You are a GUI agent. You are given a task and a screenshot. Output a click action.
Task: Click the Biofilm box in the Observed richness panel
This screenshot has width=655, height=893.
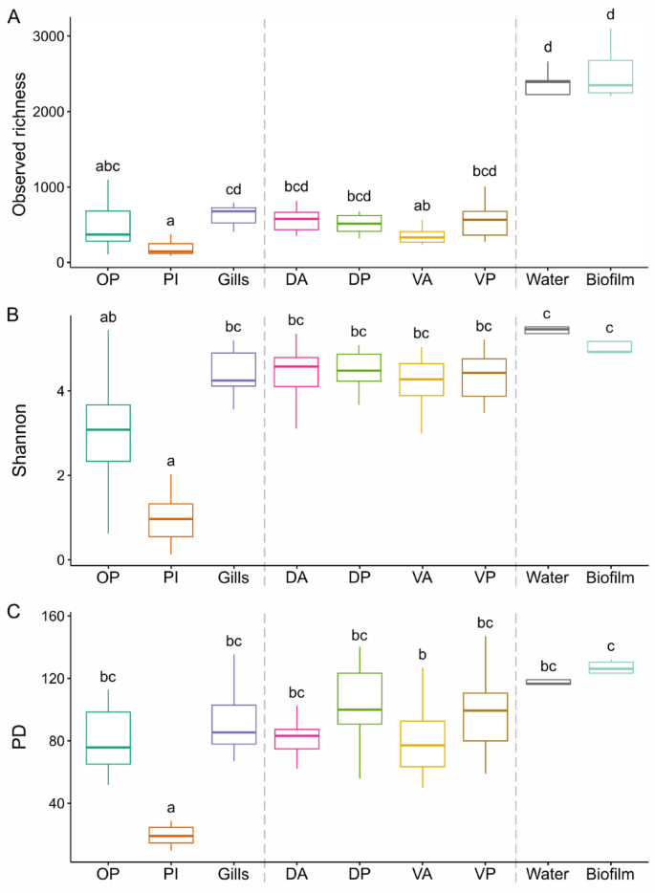pyautogui.click(x=610, y=76)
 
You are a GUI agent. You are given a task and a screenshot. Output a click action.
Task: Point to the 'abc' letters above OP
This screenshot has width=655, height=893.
pyautogui.click(x=107, y=166)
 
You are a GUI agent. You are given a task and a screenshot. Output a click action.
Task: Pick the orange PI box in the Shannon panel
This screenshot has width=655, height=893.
pyautogui.click(x=170, y=519)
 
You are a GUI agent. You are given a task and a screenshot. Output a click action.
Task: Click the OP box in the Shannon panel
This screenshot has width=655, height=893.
pyautogui.click(x=107, y=433)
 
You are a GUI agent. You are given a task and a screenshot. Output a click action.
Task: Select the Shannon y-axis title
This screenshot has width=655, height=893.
pyautogui.click(x=18, y=445)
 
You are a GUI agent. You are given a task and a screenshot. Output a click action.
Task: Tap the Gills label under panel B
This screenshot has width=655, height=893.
pyautogui.click(x=232, y=577)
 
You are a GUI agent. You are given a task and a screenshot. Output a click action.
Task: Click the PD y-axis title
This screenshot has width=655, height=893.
pyautogui.click(x=18, y=740)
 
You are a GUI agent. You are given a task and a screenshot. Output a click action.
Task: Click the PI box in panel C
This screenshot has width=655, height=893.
pyautogui.click(x=170, y=835)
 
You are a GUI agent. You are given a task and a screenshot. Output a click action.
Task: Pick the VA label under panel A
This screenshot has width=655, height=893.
pyautogui.click(x=422, y=281)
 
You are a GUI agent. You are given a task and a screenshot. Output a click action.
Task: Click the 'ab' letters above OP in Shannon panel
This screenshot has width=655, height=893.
pyautogui.click(x=107, y=317)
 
